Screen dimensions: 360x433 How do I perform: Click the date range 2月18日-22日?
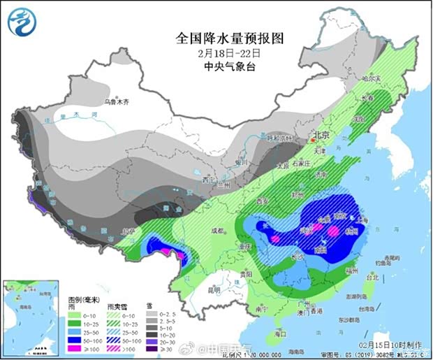click(x=218, y=52)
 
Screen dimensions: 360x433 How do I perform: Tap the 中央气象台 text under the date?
click(x=218, y=66)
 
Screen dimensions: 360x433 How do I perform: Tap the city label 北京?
click(x=321, y=135)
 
